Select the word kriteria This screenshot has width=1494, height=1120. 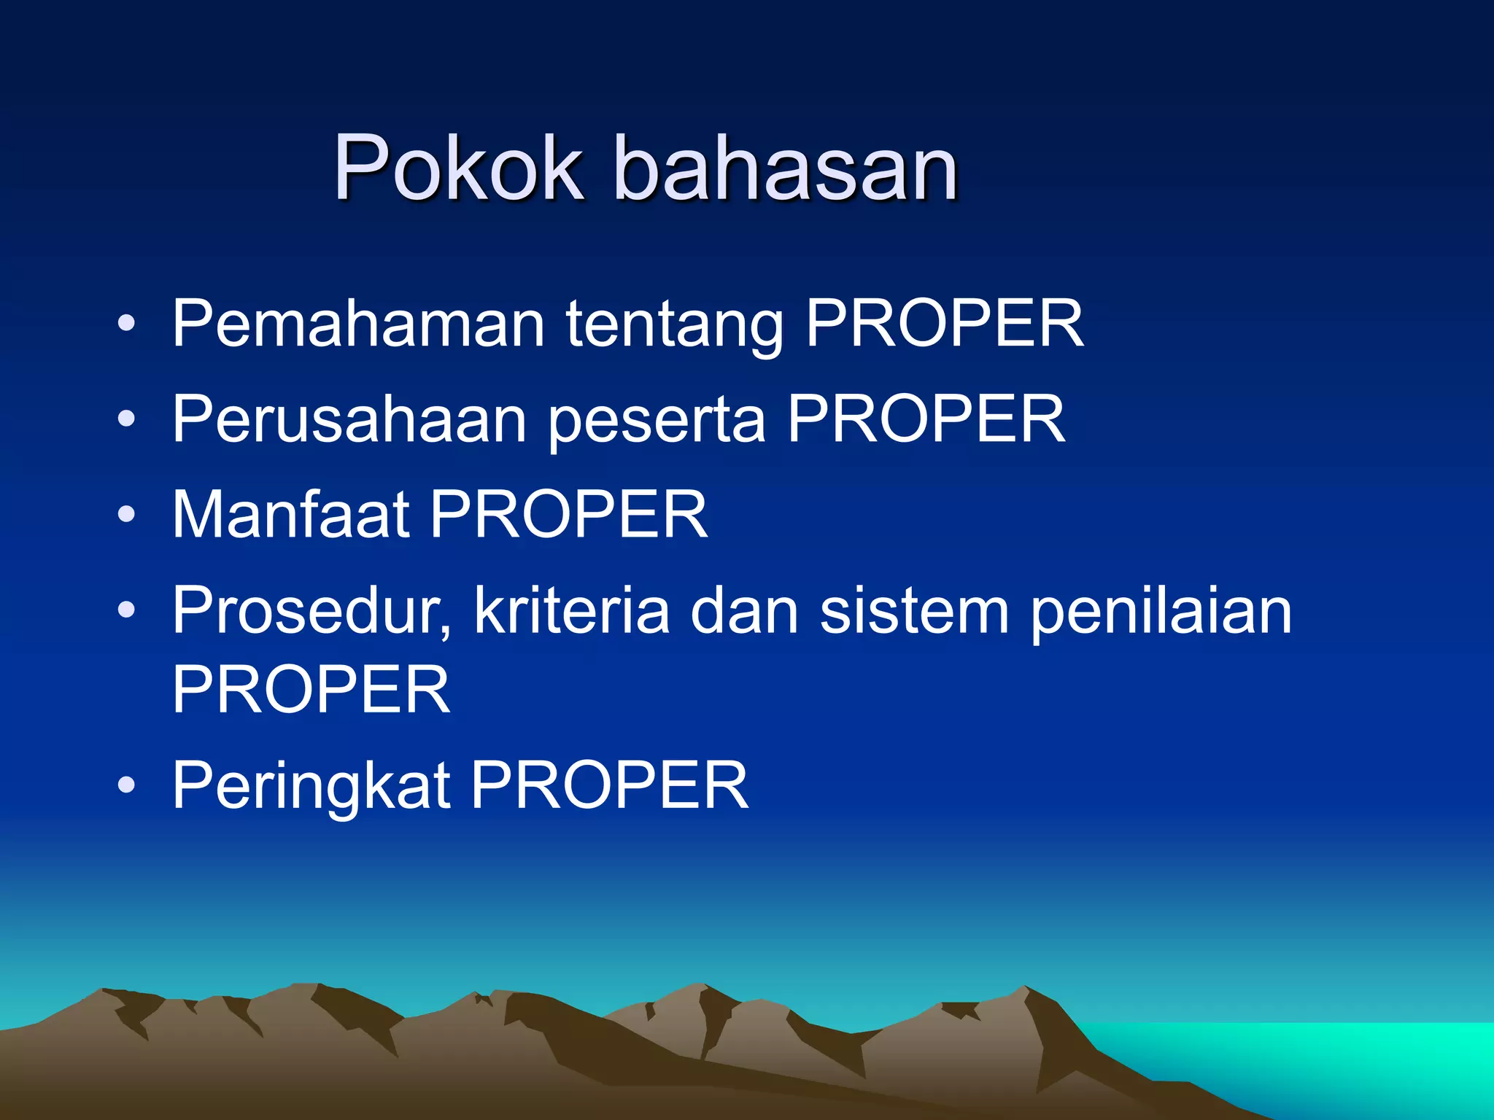point(572,611)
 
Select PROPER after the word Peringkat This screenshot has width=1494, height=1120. point(610,785)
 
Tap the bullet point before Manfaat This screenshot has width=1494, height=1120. point(126,515)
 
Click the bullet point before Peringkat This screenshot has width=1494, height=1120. point(126,785)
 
